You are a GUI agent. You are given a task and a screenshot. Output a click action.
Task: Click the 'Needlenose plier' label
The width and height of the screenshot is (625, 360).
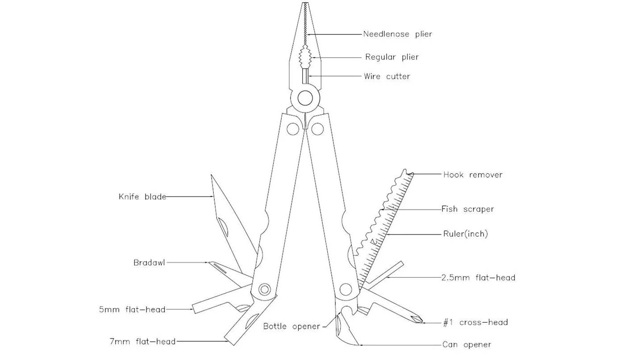click(397, 34)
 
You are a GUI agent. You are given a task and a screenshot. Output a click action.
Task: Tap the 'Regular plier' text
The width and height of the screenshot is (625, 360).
click(392, 57)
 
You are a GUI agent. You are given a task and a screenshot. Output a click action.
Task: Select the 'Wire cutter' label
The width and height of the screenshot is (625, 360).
click(387, 76)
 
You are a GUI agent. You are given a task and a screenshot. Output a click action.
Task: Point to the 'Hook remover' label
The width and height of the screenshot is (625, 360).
click(473, 175)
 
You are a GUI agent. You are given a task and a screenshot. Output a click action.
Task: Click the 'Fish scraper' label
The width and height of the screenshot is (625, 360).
click(467, 209)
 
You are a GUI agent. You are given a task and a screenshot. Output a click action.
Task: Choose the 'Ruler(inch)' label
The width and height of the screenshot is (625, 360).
click(465, 234)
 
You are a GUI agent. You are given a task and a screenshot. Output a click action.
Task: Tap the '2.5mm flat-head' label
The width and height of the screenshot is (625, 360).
click(478, 277)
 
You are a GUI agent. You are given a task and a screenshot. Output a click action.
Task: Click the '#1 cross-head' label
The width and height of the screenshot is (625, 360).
click(475, 322)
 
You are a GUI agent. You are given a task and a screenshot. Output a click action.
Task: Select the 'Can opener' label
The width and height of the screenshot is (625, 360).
click(467, 345)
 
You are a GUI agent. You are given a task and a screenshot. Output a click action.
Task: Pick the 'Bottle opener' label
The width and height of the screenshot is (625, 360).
click(292, 326)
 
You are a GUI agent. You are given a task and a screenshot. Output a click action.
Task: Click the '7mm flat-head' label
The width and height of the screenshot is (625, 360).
click(142, 341)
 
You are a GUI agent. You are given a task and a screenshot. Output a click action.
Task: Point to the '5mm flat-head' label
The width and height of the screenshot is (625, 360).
click(132, 309)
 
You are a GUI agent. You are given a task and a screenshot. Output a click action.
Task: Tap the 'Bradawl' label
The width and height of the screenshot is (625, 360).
click(149, 263)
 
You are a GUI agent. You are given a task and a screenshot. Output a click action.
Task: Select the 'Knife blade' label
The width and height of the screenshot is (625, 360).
click(142, 197)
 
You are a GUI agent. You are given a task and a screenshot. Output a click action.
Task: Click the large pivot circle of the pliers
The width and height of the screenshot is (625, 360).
click(305, 98)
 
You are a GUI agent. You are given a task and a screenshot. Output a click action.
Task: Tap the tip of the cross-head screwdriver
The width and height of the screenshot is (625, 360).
click(422, 321)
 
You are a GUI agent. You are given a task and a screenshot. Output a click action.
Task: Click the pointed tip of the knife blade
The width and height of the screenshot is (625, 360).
click(211, 175)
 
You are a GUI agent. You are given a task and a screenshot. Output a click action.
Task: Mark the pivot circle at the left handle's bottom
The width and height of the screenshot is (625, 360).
click(264, 289)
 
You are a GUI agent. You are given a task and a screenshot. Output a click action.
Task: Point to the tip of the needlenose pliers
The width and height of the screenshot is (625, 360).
click(305, 3)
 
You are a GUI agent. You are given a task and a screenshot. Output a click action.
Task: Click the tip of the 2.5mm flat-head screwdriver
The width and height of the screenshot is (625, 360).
click(402, 263)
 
